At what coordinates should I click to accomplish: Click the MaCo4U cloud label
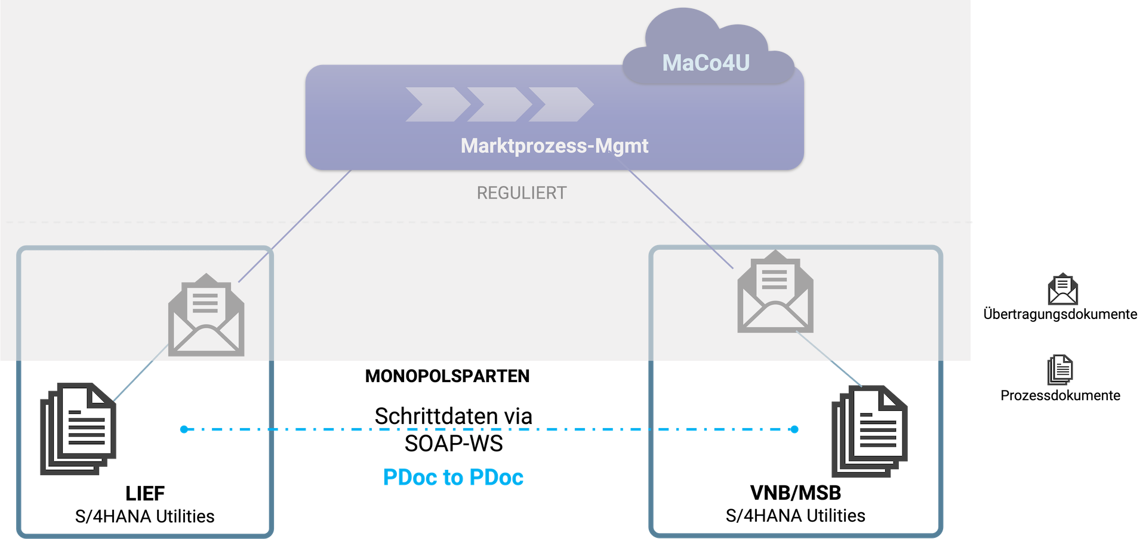pos(706,63)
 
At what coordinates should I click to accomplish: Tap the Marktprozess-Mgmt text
pos(554,145)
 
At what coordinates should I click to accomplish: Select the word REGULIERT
pos(522,193)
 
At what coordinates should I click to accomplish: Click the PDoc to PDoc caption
pos(454,477)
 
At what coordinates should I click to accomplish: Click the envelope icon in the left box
pos(206,316)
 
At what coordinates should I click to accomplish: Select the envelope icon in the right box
pos(775,292)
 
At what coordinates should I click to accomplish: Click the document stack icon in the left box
pos(78,429)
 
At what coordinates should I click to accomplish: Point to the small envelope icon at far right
pos(1062,290)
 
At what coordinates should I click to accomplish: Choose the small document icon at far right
pos(1060,370)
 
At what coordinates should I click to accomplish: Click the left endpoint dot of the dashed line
pos(184,429)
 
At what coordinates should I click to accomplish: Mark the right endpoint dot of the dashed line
pos(794,429)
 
